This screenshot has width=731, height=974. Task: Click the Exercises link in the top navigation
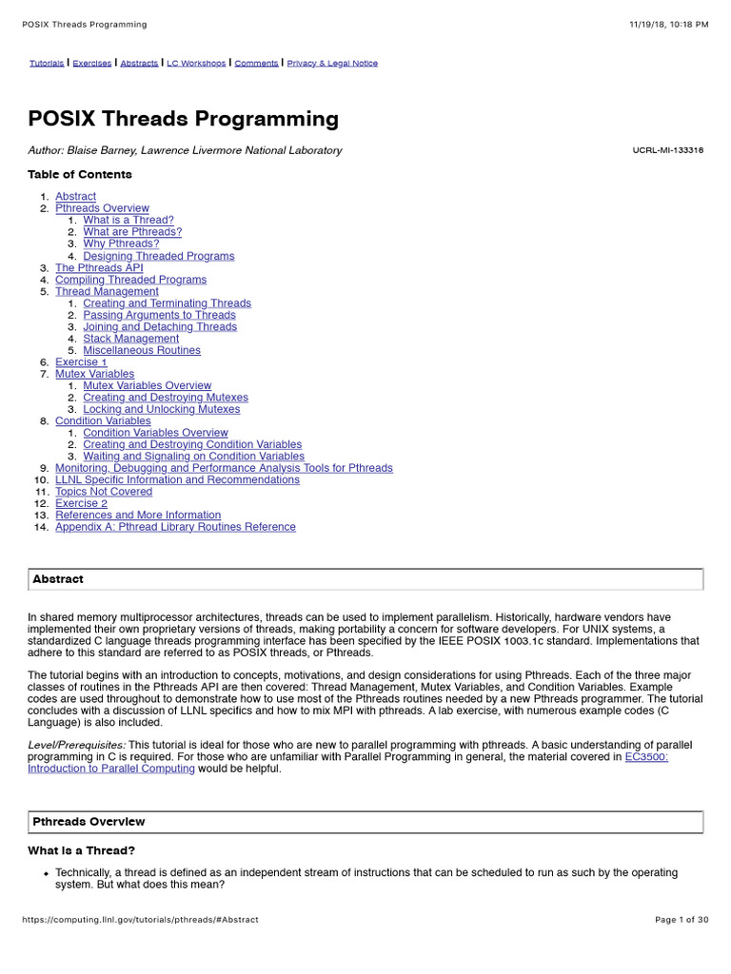pos(92,64)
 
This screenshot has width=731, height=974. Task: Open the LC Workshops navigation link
pos(196,64)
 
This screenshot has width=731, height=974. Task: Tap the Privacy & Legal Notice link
pos(332,64)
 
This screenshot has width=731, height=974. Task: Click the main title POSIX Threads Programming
pos(184,119)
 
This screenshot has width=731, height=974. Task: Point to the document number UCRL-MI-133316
pos(667,150)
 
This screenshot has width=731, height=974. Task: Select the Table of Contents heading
pos(80,174)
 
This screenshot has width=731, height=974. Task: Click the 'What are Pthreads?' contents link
pos(132,232)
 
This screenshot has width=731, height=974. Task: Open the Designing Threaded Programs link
pos(158,256)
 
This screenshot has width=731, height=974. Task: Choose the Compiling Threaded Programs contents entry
pos(130,280)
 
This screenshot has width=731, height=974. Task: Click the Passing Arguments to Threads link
pos(159,315)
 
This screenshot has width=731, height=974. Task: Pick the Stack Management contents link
pos(130,339)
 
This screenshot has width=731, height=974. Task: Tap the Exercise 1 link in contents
pos(81,362)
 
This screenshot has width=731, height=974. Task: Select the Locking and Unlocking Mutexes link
pos(161,409)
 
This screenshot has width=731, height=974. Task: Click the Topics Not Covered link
pos(104,492)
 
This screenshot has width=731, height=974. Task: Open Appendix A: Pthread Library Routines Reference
pos(175,527)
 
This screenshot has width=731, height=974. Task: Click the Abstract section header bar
pos(365,579)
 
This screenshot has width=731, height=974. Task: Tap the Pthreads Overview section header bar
pos(365,822)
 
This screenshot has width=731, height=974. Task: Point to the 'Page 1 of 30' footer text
pos(682,920)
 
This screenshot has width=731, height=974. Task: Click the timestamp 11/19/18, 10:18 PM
pos(668,24)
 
